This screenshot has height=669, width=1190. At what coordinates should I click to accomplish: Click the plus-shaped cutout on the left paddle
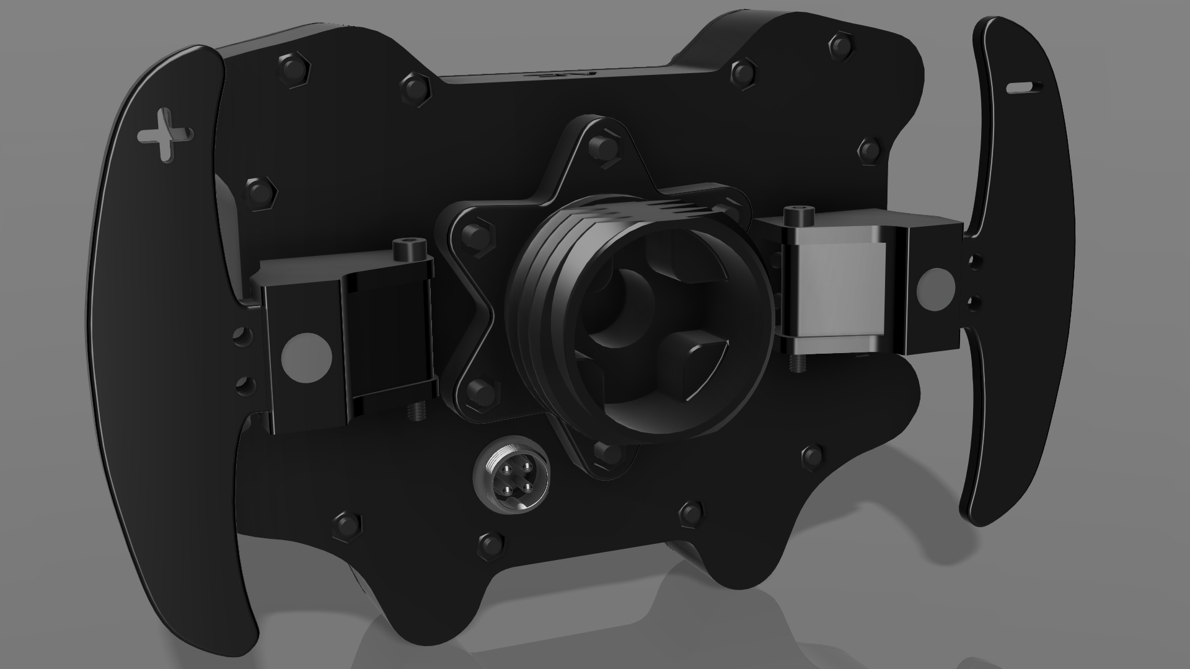click(165, 136)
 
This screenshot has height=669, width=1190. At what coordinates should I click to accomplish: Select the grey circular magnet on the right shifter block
click(935, 289)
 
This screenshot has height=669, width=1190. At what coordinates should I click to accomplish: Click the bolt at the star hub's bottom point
click(606, 453)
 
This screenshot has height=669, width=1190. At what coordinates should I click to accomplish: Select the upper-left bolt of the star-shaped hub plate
click(477, 235)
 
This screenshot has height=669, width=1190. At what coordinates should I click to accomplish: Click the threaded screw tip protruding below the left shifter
click(413, 411)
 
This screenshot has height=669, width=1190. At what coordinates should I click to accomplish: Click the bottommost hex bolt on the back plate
click(490, 544)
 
